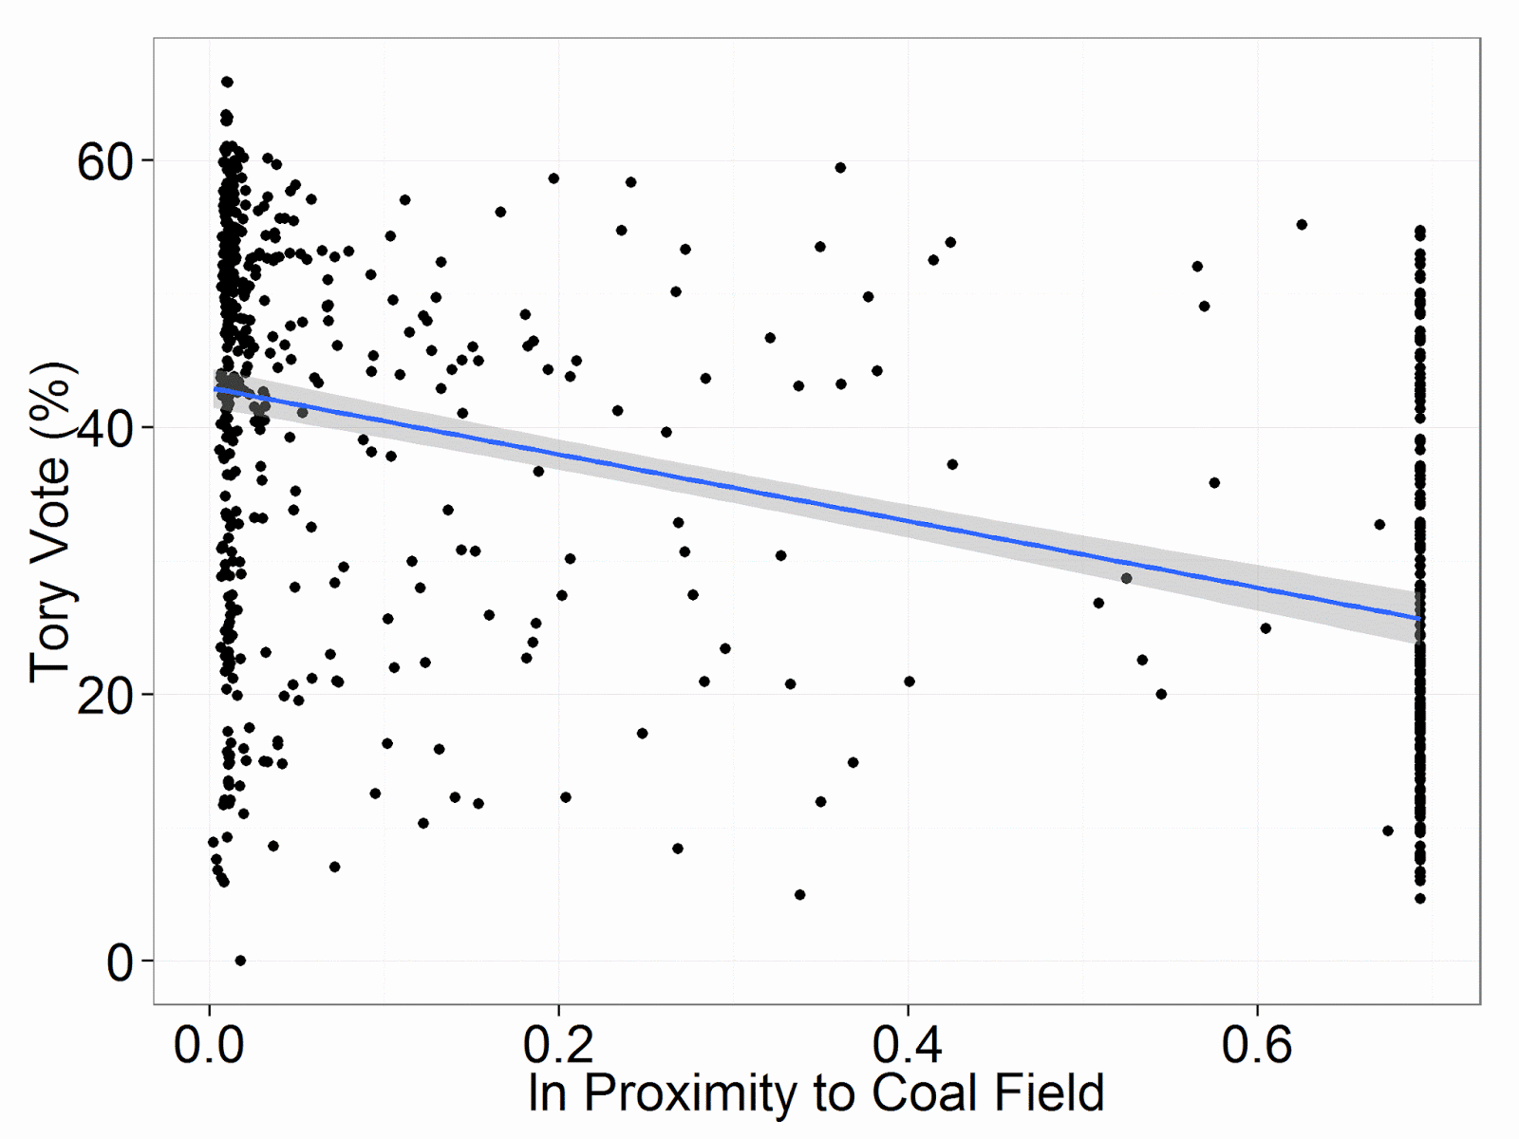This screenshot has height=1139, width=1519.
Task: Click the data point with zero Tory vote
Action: coord(240,961)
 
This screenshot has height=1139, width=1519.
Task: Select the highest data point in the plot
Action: coord(227,83)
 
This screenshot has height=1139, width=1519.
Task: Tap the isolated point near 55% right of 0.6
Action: coord(1302,225)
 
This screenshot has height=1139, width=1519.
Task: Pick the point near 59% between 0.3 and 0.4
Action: coord(840,168)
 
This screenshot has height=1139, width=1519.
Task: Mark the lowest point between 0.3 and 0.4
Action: coord(799,895)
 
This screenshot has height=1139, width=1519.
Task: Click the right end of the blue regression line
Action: coord(1419,619)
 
